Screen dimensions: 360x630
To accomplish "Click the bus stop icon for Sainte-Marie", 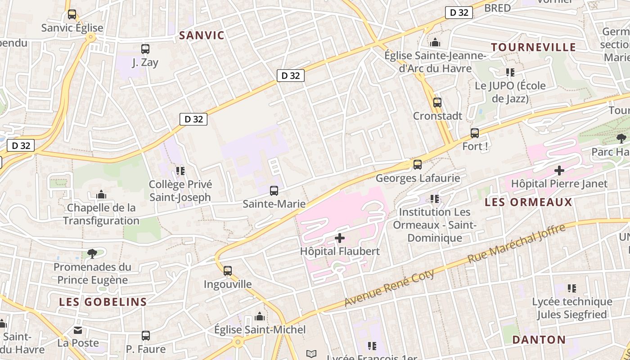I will [x=274, y=191].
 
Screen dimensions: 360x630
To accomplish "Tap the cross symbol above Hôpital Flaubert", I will [x=340, y=238].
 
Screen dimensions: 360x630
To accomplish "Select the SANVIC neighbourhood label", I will [x=202, y=36].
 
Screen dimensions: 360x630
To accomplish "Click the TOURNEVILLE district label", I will [x=533, y=47].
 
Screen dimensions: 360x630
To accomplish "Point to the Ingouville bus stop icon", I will [x=228, y=271].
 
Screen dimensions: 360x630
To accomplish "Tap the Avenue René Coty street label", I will [x=389, y=288].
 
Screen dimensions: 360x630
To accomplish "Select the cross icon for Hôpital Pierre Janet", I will [x=559, y=171].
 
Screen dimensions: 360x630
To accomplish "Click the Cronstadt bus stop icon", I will [x=437, y=103].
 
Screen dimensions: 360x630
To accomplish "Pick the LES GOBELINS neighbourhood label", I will [x=103, y=302].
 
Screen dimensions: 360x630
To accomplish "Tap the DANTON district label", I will [x=539, y=340].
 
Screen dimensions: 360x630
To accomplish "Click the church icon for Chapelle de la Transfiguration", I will [x=101, y=195].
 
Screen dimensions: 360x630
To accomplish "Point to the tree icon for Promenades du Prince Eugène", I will [x=92, y=254].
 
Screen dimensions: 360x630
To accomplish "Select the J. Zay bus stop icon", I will [x=145, y=49].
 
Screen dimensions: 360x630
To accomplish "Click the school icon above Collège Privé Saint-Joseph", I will [x=180, y=171].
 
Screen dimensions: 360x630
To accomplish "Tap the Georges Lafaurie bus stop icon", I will [x=418, y=165].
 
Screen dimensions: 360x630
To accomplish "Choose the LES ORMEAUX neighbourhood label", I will [x=528, y=202].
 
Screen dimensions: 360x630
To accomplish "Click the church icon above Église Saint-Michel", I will [x=259, y=317].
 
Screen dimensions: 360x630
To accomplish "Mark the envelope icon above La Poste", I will [x=78, y=331].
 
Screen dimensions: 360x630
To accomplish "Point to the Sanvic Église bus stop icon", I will [x=72, y=14].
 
